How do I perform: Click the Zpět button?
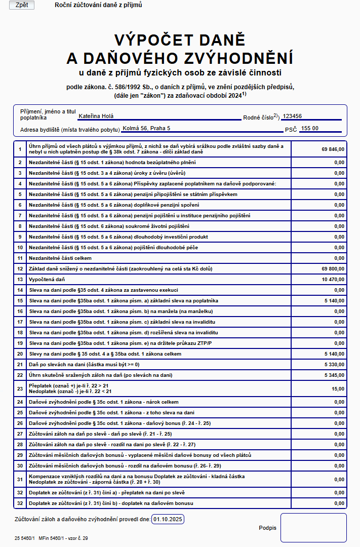coord(22,5)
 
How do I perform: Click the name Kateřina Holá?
coord(96,116)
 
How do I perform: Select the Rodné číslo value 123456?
coord(296,116)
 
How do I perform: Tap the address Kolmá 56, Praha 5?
coord(146,128)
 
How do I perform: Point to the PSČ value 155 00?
coord(309,128)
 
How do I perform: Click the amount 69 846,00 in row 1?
coord(333,149)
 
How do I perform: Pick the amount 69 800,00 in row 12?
coord(333,268)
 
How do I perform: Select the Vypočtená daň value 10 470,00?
coord(333,279)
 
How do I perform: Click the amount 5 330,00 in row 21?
coord(334,364)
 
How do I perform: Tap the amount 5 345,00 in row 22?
coord(334,375)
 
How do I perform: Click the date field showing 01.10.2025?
coord(168,519)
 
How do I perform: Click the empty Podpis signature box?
coord(313,527)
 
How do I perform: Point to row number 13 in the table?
coord(20,279)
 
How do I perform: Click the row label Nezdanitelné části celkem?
coord(59,258)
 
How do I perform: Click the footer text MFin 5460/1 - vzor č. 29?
coord(63,538)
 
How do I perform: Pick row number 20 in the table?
coord(20,354)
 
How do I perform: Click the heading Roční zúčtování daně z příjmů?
coord(98,5)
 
